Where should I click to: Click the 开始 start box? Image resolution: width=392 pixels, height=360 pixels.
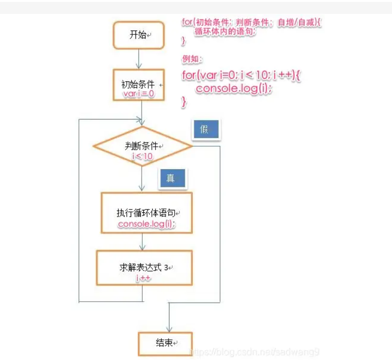click(139, 34)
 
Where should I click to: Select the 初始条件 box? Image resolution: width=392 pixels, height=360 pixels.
click(139, 84)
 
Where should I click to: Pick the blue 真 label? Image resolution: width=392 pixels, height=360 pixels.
click(172, 178)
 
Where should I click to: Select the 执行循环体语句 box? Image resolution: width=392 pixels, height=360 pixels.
click(146, 213)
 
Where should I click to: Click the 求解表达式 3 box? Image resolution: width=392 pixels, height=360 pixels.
click(144, 268)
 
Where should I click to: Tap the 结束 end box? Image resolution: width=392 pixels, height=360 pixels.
click(165, 343)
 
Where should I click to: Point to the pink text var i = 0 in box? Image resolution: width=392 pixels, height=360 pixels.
click(139, 94)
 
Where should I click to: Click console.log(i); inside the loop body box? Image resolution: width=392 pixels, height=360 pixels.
click(146, 224)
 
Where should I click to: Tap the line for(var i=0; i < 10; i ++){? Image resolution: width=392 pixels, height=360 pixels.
click(241, 76)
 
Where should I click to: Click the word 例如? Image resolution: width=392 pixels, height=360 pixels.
click(191, 59)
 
